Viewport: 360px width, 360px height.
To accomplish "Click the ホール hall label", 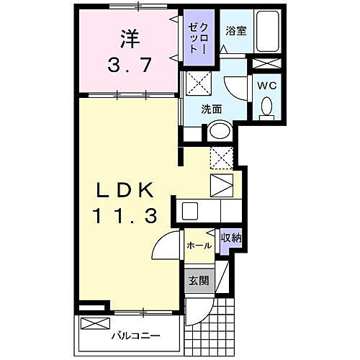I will tap(199, 246).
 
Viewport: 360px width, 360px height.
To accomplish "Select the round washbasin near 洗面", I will tap(219, 132).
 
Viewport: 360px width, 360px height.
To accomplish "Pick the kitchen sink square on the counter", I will tap(190, 211).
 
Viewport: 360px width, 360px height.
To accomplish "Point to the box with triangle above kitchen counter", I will tap(221, 184).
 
